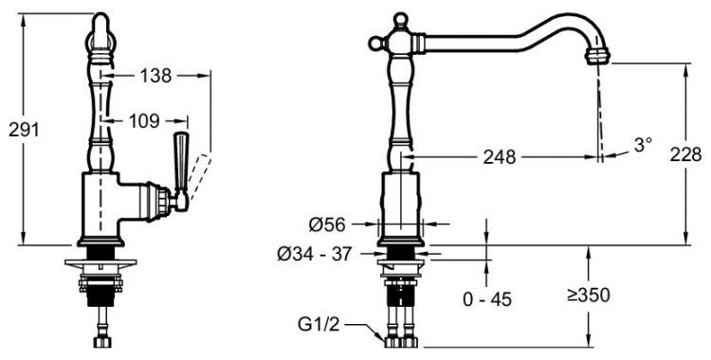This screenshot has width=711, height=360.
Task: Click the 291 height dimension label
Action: point(24,130)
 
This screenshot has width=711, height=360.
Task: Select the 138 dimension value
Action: point(155,76)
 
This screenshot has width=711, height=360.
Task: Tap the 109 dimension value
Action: point(144,121)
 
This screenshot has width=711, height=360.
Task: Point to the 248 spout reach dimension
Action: point(500,157)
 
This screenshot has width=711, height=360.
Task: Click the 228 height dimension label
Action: point(685,155)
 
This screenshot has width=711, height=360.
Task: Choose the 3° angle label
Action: point(643,145)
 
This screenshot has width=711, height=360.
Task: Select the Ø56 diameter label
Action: point(327,224)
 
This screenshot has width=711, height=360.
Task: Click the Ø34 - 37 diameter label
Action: point(314,254)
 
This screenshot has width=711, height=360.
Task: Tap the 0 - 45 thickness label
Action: point(487,299)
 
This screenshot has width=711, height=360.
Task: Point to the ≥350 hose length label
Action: point(588,296)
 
